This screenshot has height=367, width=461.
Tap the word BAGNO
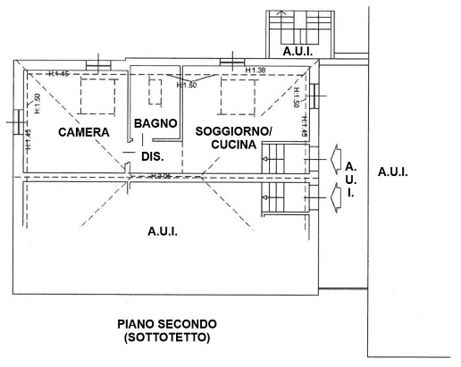[155, 122]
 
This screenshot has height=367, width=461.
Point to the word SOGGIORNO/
[235, 131]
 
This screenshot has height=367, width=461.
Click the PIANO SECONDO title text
[166, 322]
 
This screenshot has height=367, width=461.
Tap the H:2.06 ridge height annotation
[161, 176]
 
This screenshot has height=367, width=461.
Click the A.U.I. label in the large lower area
[162, 231]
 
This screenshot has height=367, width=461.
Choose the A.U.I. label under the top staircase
[297, 52]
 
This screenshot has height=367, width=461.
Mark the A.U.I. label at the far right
[392, 171]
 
